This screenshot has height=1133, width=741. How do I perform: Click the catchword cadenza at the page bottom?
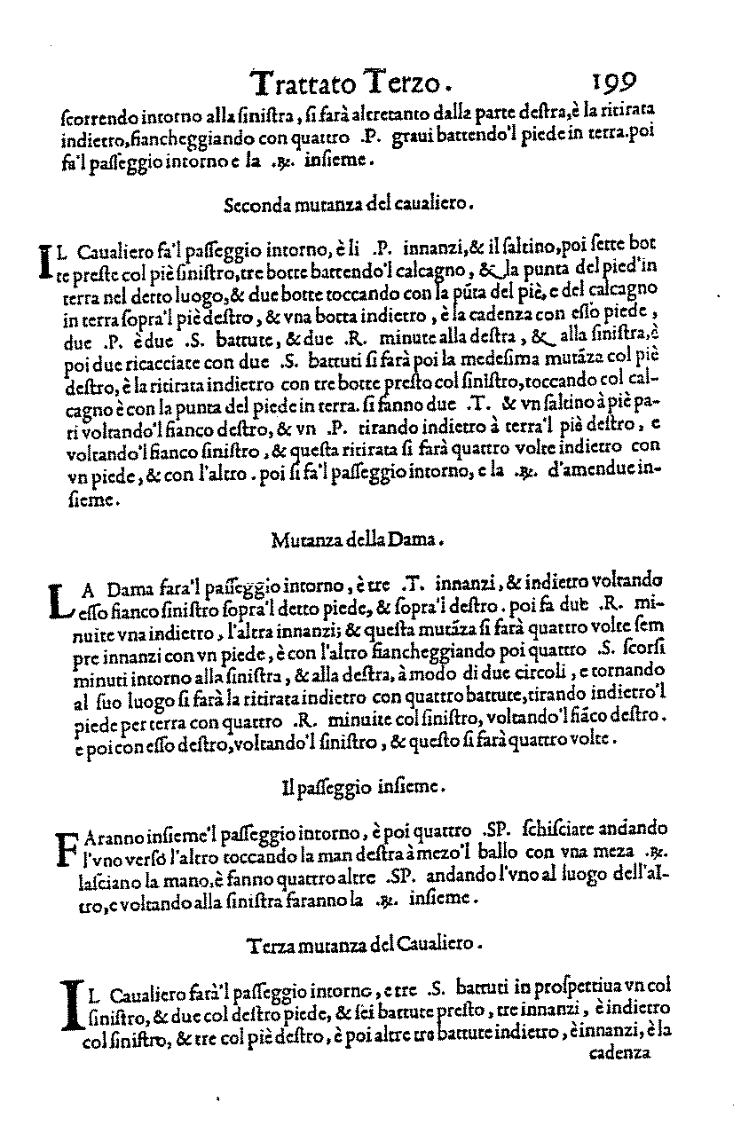click(x=619, y=1054)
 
